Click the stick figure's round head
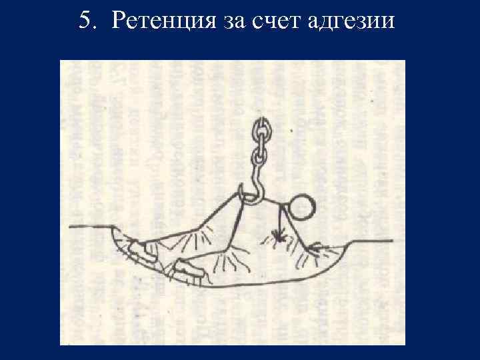pyautogui.click(x=304, y=207)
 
